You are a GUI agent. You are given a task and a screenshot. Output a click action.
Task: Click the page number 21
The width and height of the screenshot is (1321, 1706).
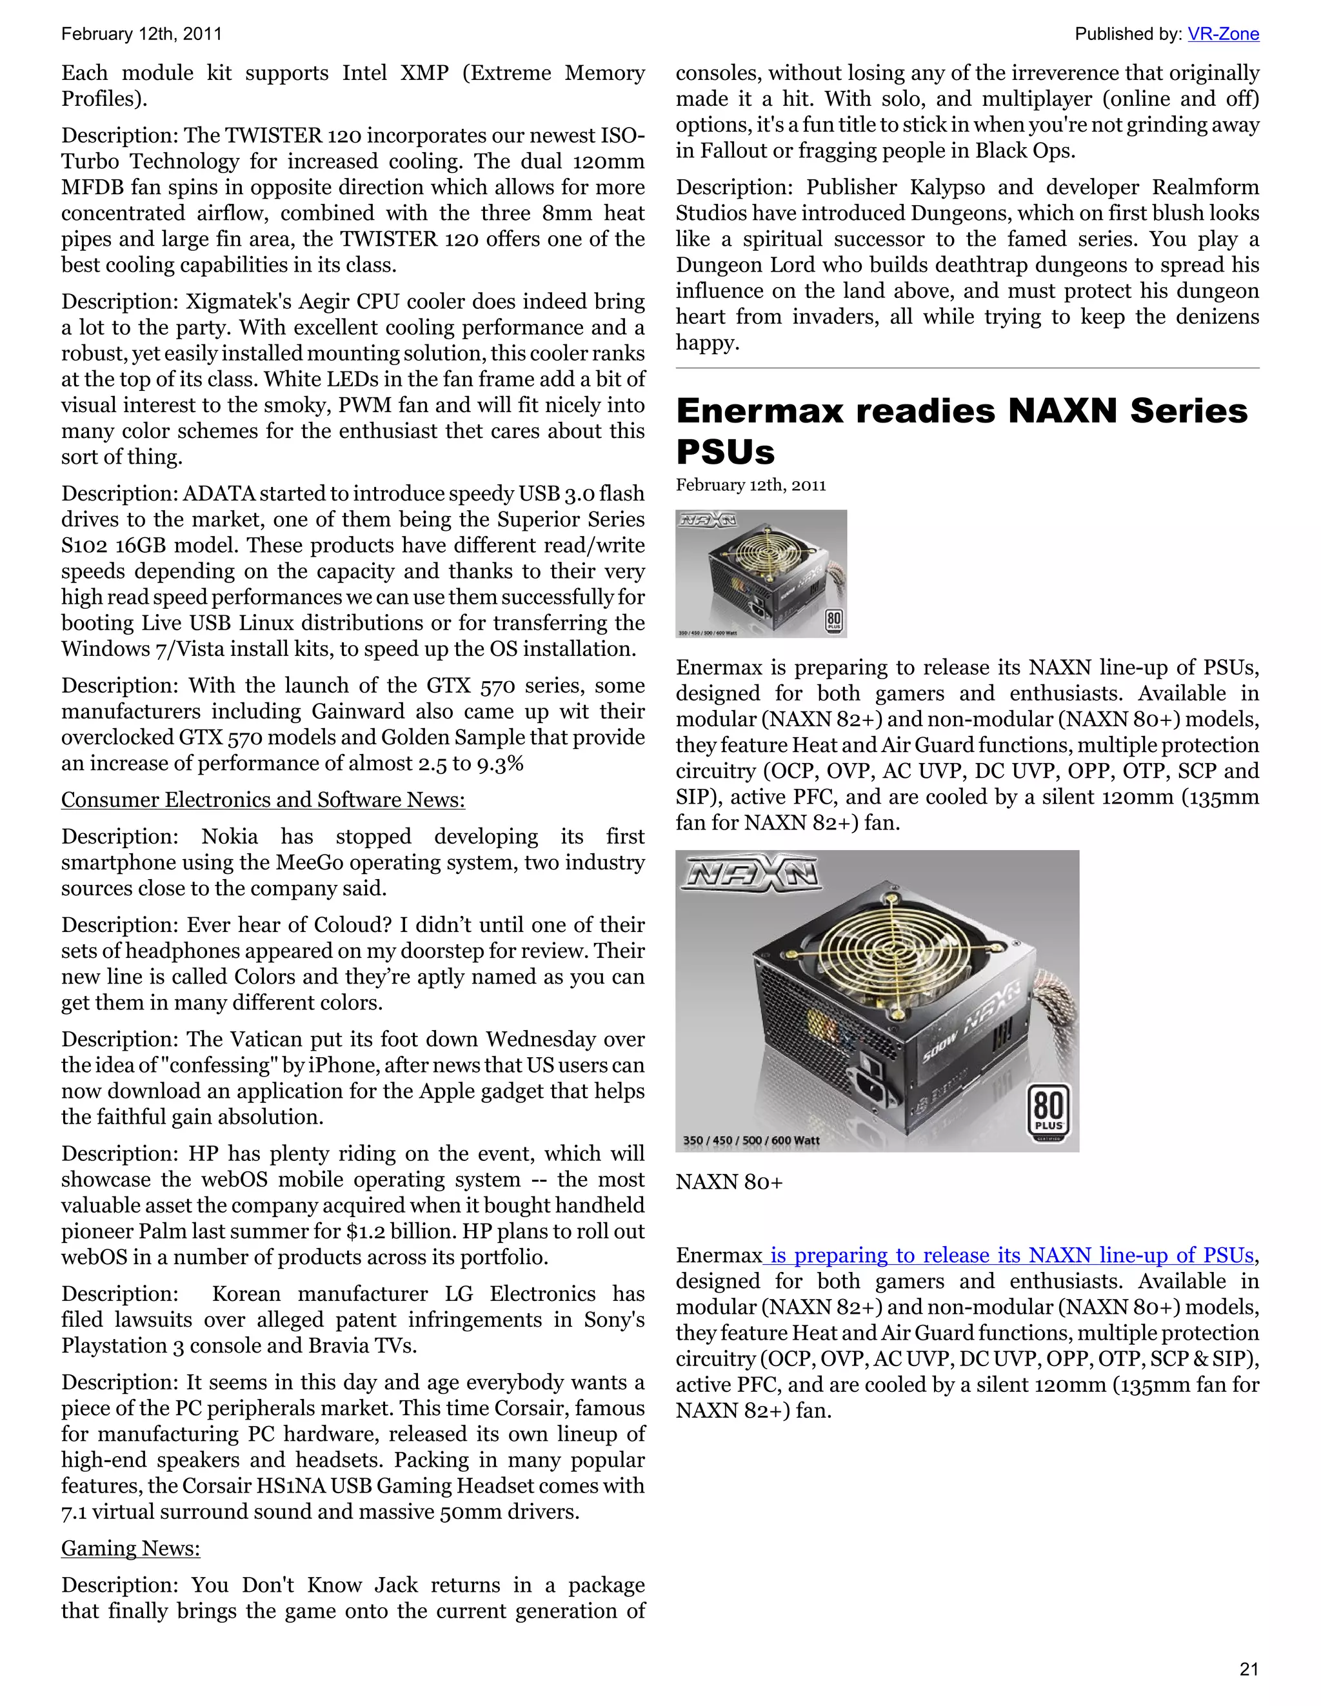(x=1249, y=1669)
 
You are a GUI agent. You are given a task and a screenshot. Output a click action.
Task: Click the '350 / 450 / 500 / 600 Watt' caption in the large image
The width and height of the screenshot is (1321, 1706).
(x=751, y=1140)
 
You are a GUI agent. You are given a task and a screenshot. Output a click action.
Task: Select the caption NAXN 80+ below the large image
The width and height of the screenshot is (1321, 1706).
(x=729, y=1182)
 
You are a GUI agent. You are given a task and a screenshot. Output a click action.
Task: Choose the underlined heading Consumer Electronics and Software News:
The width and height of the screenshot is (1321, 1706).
(x=263, y=800)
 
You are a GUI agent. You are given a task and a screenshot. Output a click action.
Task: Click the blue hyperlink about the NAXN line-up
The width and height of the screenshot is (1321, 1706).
(x=1009, y=1255)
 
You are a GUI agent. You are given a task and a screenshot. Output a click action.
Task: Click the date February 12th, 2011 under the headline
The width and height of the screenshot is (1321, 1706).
(x=750, y=485)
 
